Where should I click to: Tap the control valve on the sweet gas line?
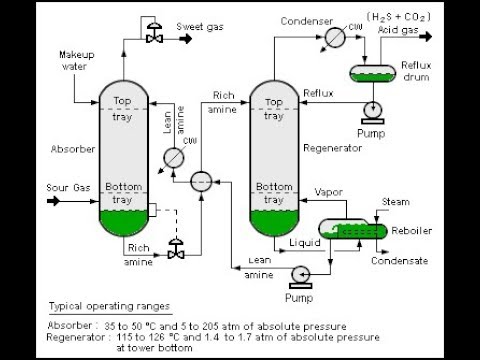[x=155, y=36]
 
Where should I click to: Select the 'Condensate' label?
[x=398, y=261]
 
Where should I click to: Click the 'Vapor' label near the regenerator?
[x=329, y=191]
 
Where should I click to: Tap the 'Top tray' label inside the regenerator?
[x=272, y=107]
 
